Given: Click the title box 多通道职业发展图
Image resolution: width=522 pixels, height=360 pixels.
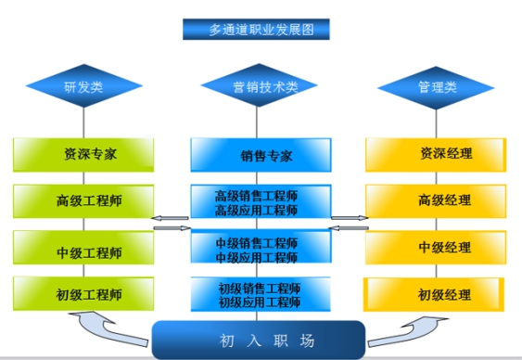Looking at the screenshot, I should tap(257, 29).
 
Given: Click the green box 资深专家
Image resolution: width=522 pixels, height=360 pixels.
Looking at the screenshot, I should tap(83, 154).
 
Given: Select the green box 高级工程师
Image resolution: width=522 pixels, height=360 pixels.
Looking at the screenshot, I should tap(83, 200).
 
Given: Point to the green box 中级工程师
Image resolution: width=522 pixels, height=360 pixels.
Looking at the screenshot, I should tap(83, 251).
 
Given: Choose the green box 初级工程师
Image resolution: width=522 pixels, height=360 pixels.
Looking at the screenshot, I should tap(83, 295).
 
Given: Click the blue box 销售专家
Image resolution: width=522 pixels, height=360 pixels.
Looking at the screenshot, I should tap(261, 154).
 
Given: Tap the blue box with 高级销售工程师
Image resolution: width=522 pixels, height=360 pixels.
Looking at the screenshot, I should tap(261, 202).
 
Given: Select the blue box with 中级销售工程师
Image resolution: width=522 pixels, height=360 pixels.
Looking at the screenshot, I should tap(261, 250).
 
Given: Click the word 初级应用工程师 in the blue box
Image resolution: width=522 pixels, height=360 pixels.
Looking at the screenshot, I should tap(260, 302).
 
